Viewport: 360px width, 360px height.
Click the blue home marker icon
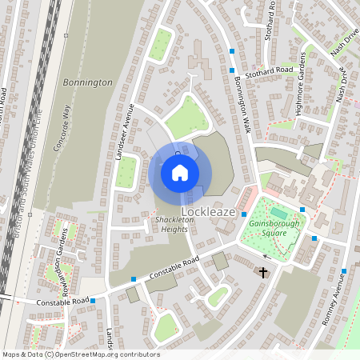click(x=180, y=172)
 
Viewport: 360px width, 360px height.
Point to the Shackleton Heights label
click(x=166, y=225)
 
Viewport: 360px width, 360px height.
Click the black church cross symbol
click(x=262, y=273)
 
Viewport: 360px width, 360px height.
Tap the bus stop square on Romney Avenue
click(x=344, y=270)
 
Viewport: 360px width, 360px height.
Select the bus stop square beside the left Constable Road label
click(x=94, y=301)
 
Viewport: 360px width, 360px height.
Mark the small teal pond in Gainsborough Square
click(x=278, y=213)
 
